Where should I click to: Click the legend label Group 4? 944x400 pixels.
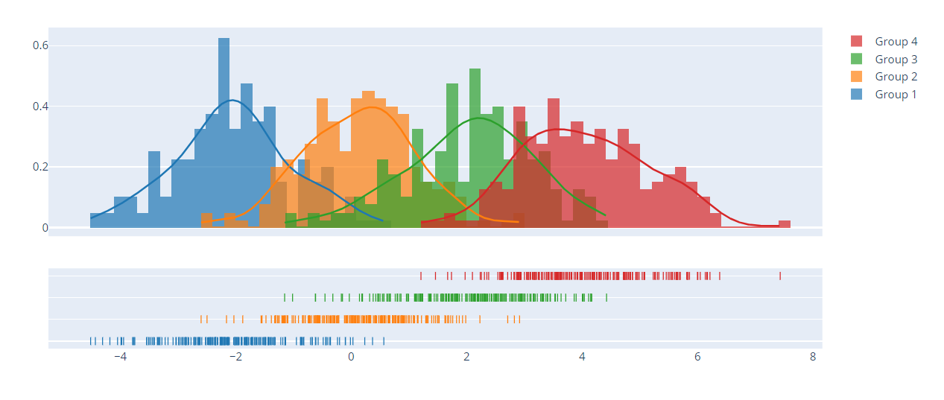896,42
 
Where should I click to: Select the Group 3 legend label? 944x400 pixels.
896,60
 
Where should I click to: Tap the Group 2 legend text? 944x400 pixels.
896,77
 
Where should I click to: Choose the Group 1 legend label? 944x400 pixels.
896,95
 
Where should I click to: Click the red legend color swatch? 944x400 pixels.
857,42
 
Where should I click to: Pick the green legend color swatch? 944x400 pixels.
857,60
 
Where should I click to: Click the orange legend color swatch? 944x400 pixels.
857,77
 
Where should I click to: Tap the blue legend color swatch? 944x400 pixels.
857,95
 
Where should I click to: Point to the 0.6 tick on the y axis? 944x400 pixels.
39,45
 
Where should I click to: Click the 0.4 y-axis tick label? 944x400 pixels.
39,107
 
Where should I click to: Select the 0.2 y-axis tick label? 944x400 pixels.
39,167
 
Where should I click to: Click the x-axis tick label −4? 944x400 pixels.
120,357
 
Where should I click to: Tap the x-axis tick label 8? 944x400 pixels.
813,357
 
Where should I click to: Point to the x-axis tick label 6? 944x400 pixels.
697,357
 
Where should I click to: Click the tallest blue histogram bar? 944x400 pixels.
224,134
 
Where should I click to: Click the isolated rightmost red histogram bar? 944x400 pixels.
785,223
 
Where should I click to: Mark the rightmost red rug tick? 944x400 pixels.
780,276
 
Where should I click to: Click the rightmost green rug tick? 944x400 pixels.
606,297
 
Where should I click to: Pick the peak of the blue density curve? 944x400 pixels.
232,100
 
